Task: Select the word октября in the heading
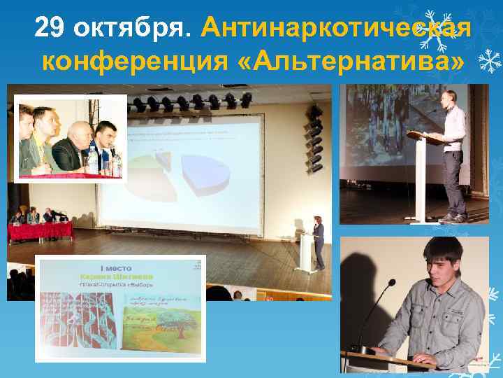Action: [x=132, y=29]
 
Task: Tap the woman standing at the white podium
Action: [x=318, y=241]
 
